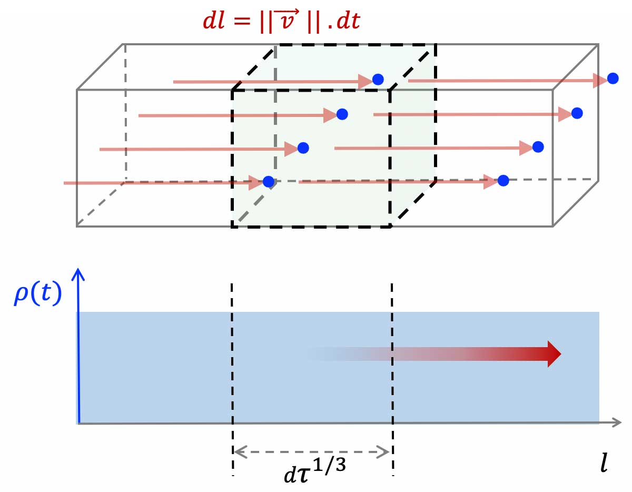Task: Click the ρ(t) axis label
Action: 38,297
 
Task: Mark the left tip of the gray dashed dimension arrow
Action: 235,451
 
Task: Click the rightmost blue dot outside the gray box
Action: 613,78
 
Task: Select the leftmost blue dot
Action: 269,182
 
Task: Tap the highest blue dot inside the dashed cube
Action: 378,80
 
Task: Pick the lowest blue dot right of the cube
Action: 503,181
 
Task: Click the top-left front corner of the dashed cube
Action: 232,91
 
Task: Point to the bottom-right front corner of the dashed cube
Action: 390,227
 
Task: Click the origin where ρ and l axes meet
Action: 78,422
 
